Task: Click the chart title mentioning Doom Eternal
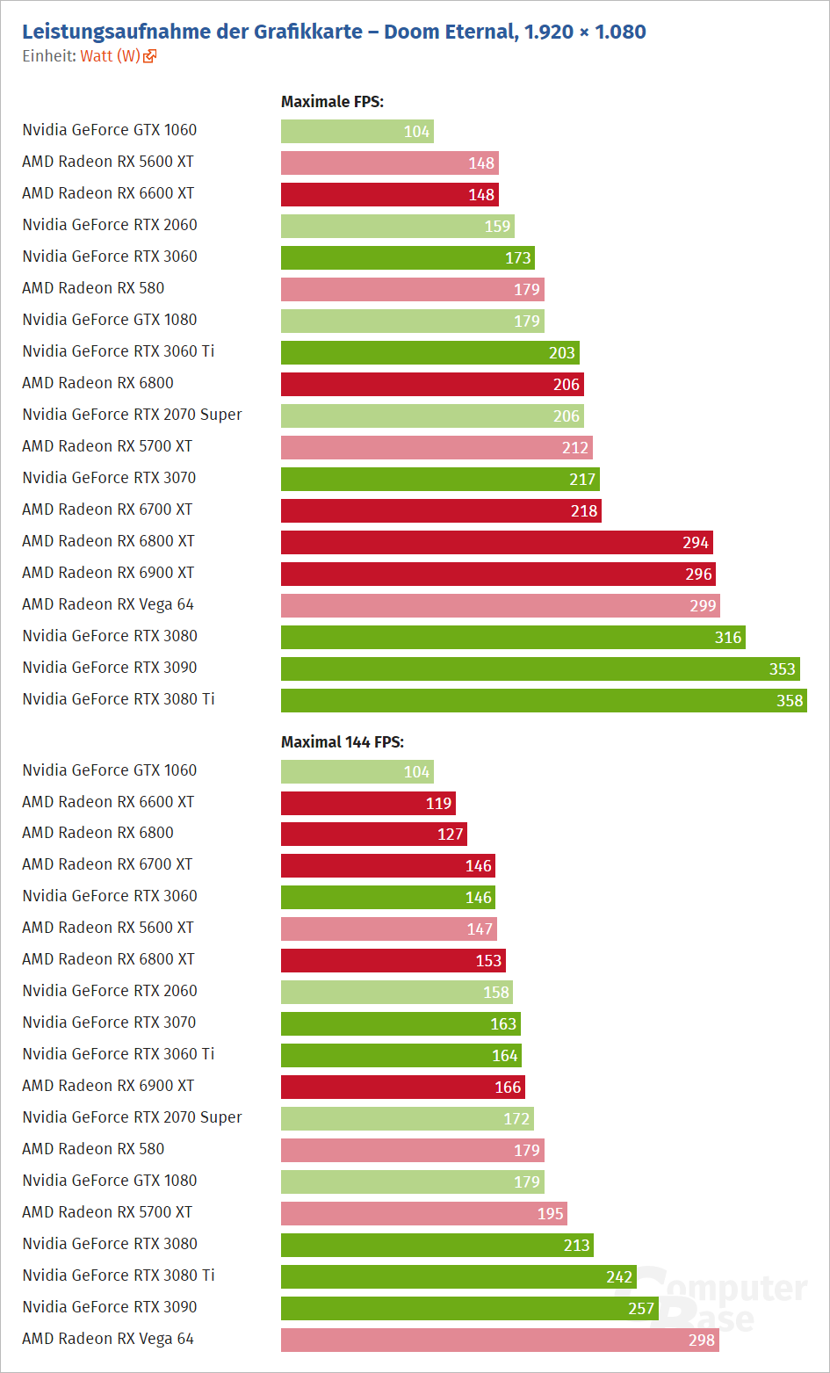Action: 334,32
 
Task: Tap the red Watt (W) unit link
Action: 111,56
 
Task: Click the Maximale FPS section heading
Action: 332,102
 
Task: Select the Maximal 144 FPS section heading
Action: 342,742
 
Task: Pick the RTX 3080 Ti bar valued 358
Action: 543,700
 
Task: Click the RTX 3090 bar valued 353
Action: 539,668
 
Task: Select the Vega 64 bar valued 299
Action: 500,605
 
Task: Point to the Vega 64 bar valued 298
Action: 499,1340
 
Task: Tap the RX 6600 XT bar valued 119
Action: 367,803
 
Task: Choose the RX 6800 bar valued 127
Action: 373,834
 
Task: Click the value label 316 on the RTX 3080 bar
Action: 728,638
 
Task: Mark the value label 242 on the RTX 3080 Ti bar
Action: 619,1277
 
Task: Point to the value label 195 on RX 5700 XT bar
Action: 551,1214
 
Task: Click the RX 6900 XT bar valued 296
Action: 498,574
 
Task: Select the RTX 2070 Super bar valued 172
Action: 407,1118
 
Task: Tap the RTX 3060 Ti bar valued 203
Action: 429,352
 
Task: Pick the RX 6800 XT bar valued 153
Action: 393,960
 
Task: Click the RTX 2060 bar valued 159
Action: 397,226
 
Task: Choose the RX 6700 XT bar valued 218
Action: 440,510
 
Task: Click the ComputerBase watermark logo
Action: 720,1300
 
